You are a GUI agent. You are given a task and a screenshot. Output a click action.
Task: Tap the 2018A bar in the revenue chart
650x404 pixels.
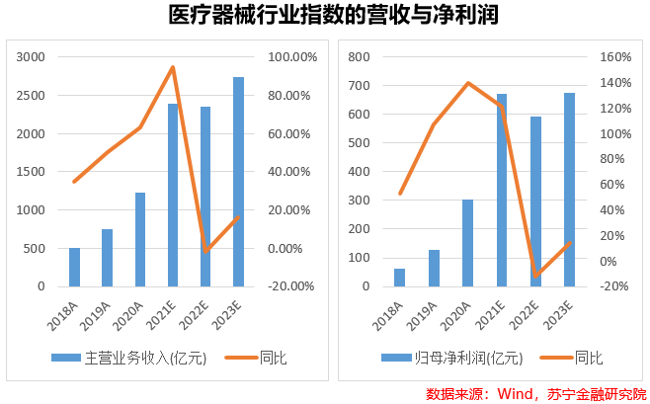click(74, 267)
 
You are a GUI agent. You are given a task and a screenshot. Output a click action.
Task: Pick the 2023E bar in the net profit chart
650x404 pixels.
click(569, 189)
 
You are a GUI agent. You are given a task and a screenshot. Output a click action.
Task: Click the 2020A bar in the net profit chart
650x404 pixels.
click(467, 242)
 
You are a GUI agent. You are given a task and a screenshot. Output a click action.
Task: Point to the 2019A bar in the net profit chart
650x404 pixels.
click(433, 268)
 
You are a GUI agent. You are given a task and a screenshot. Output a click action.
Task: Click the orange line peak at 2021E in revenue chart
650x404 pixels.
click(173, 67)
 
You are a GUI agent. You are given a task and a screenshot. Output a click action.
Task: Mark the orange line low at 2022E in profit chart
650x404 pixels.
click(535, 275)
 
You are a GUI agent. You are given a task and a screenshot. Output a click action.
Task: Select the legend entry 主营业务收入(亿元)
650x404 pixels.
click(129, 357)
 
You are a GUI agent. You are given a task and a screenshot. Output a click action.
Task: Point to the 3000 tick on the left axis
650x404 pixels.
click(31, 57)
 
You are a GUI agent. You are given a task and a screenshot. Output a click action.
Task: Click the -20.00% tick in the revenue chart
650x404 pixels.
click(290, 286)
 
